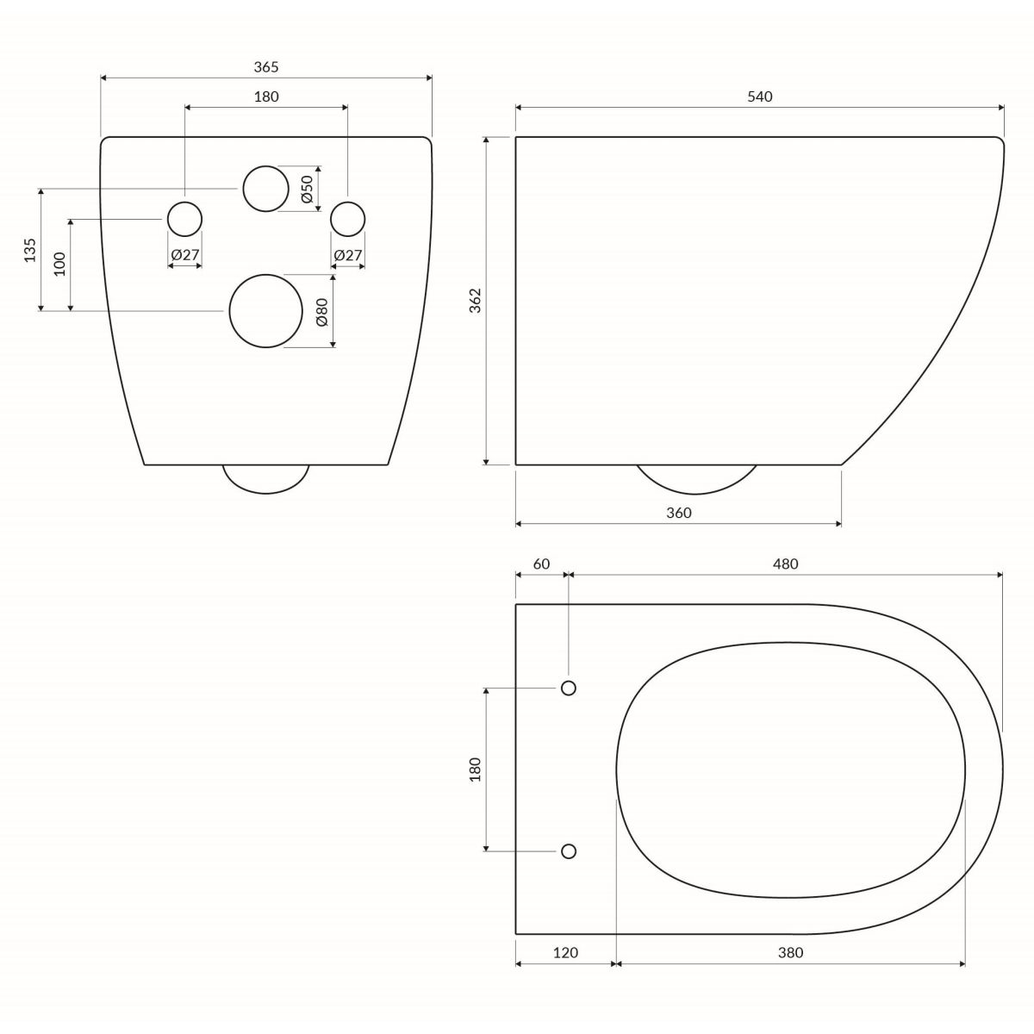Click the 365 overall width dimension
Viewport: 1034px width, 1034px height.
[x=266, y=67]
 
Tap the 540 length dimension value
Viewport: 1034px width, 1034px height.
[x=760, y=97]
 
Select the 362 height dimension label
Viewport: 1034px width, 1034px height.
[x=476, y=300]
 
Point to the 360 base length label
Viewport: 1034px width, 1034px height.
[x=679, y=513]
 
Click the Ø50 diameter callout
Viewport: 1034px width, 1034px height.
[x=307, y=189]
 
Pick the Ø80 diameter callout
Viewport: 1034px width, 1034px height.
[x=322, y=312]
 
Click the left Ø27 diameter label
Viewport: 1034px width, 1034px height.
[x=185, y=255]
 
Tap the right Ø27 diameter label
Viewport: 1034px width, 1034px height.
[x=348, y=255]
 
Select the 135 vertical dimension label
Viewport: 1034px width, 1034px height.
[x=30, y=250]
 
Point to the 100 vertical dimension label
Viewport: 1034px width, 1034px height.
[x=60, y=264]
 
